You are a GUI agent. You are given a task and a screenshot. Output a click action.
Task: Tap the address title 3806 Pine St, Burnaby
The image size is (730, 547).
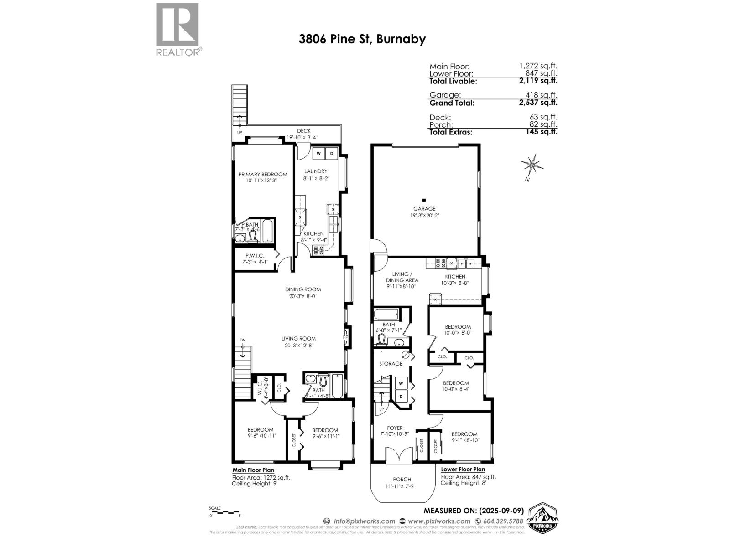(362, 39)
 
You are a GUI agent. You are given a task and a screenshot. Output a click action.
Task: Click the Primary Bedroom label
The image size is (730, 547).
(263, 174)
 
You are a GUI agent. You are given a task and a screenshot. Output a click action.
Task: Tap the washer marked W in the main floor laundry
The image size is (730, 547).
(319, 154)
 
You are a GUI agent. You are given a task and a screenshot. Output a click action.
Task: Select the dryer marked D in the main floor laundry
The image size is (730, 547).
(332, 154)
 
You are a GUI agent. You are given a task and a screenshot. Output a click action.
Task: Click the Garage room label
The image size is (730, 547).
(424, 209)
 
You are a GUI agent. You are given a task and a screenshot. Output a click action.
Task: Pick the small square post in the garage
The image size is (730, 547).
(424, 200)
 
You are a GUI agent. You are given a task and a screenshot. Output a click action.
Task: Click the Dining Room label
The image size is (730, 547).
(303, 289)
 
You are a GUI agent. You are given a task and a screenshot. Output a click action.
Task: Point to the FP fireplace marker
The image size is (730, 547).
(345, 337)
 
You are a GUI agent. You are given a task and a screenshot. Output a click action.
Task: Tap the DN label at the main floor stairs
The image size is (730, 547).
(242, 340)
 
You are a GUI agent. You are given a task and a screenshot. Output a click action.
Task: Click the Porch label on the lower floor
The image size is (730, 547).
(402, 479)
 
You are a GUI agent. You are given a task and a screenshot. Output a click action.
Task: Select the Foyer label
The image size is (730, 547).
(395, 428)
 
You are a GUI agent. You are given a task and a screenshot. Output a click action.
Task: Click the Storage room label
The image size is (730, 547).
(391, 364)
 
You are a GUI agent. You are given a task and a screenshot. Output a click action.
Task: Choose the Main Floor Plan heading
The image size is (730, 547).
(253, 470)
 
